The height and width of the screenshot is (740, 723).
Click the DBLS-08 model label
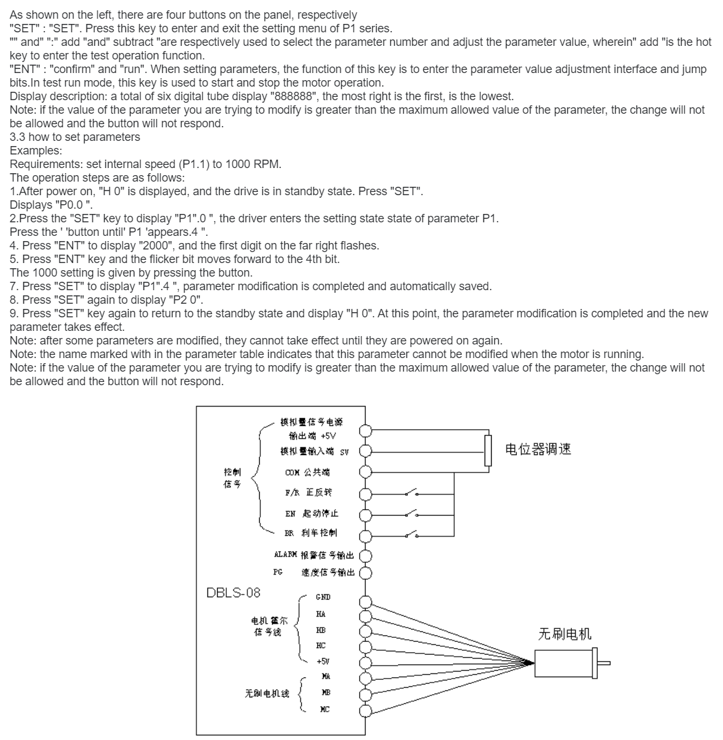tap(233, 591)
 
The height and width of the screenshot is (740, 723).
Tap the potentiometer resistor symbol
tap(488, 450)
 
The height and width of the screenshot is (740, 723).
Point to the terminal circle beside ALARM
tap(366, 555)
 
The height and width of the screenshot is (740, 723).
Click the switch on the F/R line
tap(412, 494)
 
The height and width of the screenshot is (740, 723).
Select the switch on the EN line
tap(412, 514)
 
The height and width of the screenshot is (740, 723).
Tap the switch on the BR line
tap(412, 534)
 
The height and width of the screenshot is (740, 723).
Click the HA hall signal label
tap(321, 614)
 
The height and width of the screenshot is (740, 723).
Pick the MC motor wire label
tap(325, 709)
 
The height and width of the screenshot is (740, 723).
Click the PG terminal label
tap(278, 572)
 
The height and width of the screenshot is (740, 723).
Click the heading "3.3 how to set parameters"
tap(75, 137)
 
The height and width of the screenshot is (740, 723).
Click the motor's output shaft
tap(604, 662)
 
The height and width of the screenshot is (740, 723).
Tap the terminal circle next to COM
tap(366, 472)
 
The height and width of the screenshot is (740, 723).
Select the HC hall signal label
tap(321, 646)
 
